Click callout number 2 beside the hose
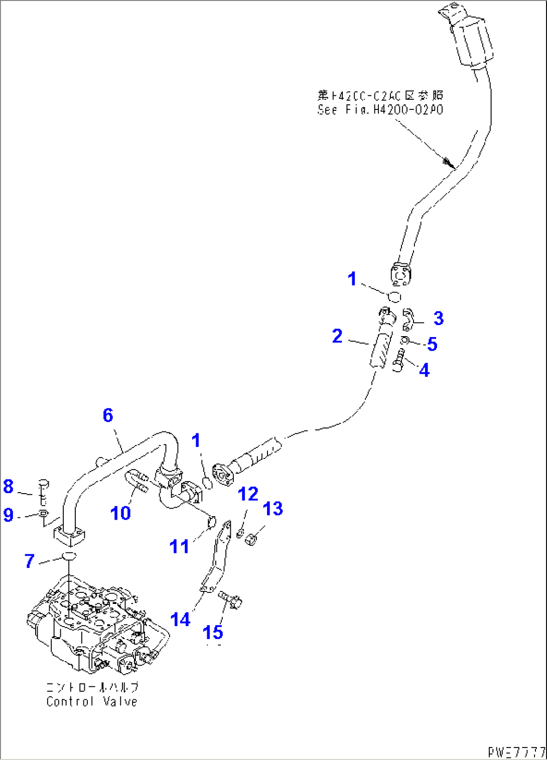(337, 336)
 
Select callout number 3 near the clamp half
(438, 318)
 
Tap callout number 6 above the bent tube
(108, 415)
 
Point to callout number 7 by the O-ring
(30, 561)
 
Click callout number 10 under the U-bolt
(120, 513)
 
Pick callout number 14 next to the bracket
(180, 620)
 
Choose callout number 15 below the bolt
(213, 633)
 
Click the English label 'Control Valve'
(92, 701)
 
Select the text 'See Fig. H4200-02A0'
(380, 109)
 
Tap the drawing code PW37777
(516, 752)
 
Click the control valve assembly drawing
(95, 627)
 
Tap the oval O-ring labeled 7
(68, 556)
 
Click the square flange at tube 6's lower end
(69, 534)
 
